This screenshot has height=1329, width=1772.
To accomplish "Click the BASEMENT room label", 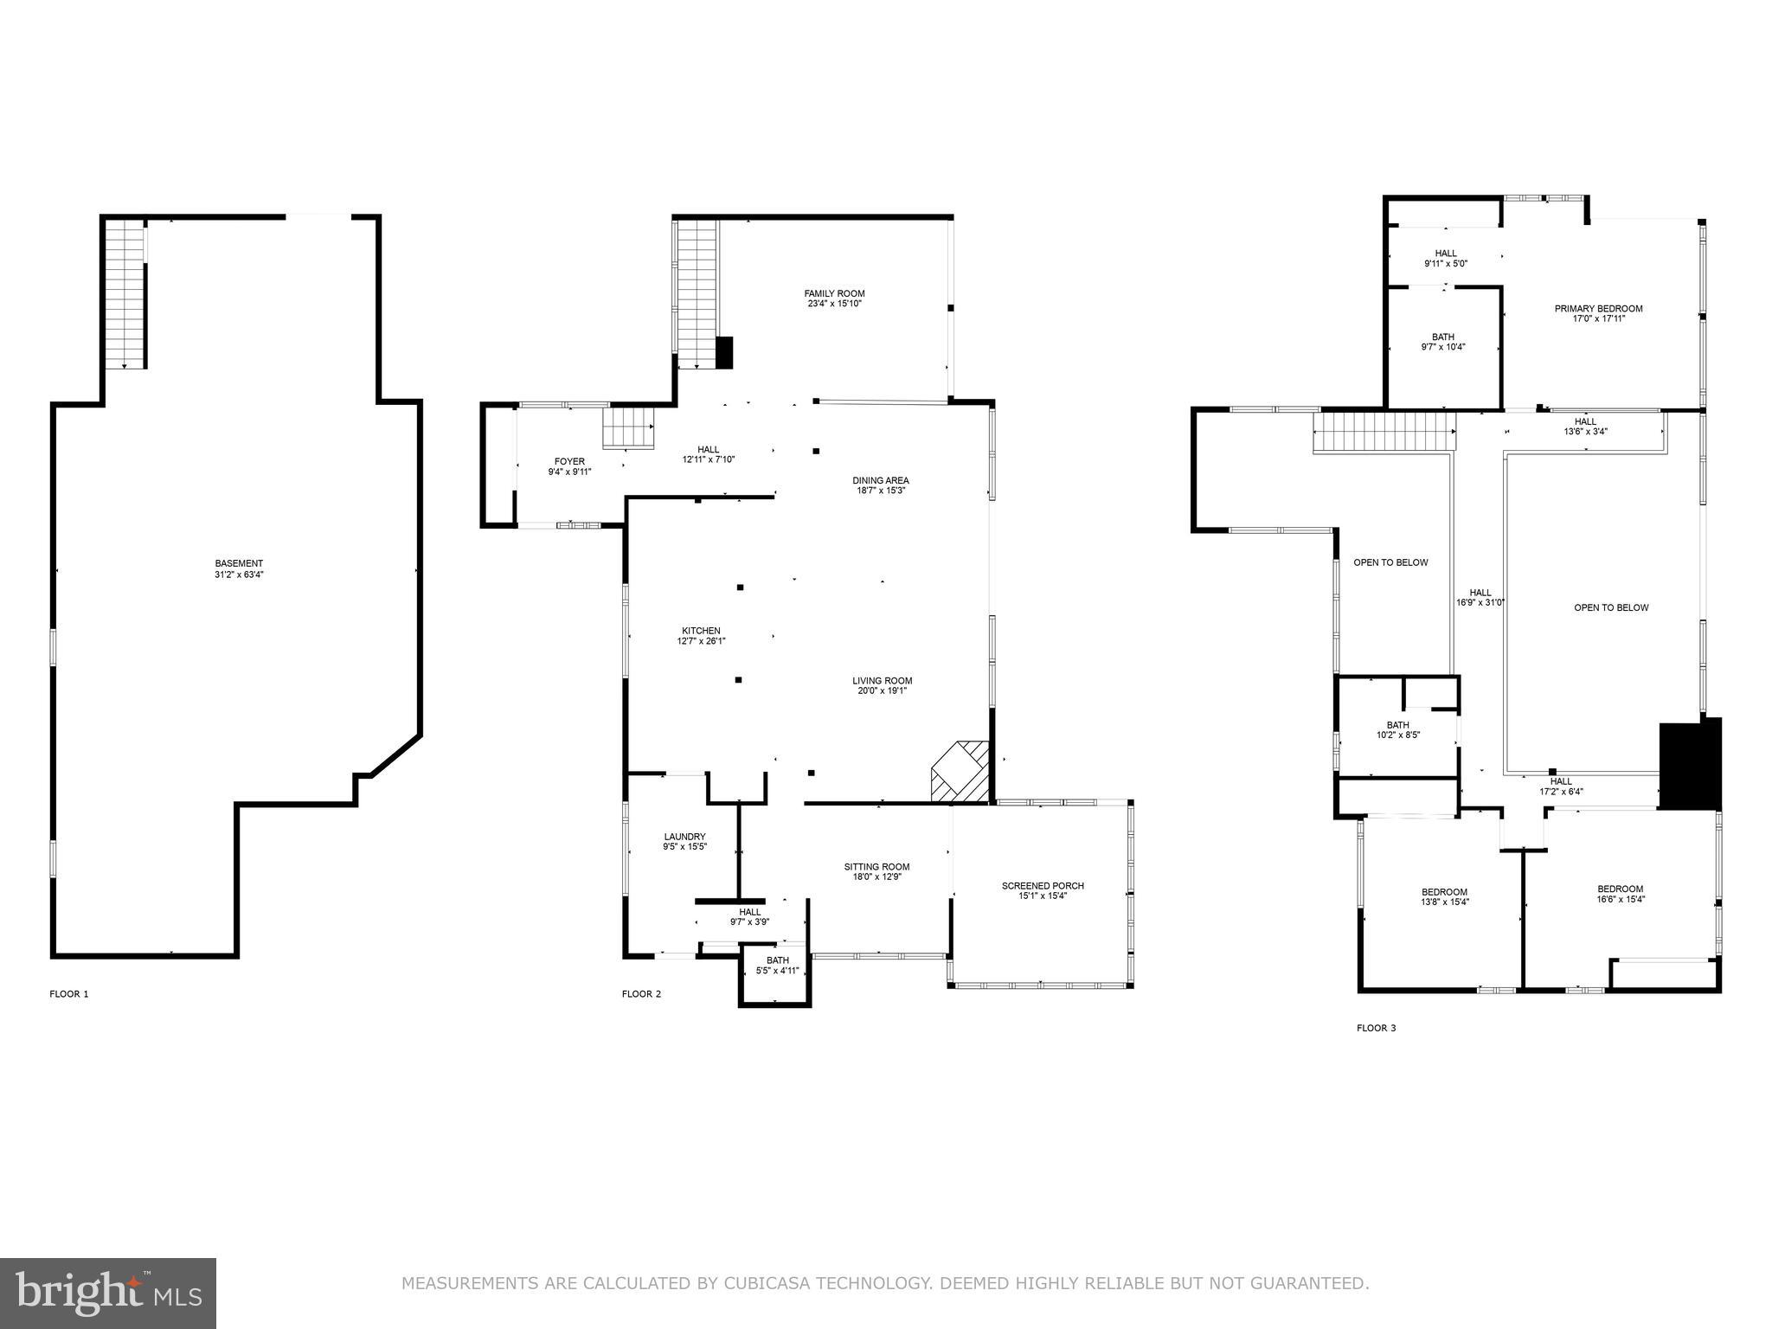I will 239,563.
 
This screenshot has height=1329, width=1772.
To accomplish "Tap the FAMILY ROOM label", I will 834,293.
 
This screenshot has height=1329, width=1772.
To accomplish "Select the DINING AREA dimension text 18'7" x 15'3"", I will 881,491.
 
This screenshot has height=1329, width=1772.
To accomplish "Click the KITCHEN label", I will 701,631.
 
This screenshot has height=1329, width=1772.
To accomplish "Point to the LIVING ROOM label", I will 882,681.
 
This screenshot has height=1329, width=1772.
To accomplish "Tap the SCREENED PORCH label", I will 1043,886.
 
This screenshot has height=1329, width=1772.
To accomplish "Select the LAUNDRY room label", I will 684,837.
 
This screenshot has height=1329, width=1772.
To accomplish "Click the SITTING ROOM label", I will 876,867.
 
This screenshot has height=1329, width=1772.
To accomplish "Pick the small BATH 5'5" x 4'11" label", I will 777,960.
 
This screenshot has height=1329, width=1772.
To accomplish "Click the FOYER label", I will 569,461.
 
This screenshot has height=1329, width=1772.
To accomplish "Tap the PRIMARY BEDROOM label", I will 1598,309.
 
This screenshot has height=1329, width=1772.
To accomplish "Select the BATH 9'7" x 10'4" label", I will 1443,337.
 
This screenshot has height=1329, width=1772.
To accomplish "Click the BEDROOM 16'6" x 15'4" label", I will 1620,889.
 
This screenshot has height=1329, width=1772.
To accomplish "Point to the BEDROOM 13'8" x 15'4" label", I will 1444,892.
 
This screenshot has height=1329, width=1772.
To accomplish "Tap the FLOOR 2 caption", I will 641,994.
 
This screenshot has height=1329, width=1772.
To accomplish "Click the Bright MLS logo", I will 108,1294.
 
